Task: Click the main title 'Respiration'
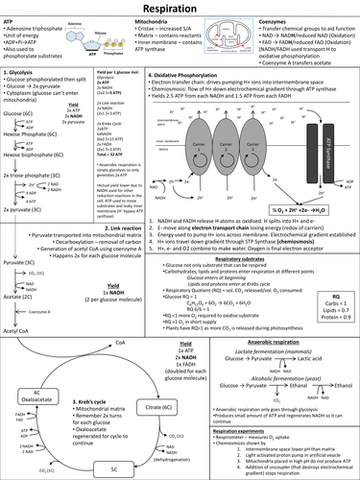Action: point(180,9)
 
